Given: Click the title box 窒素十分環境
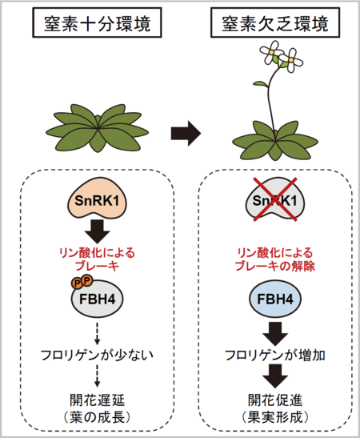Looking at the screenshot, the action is tap(97, 22).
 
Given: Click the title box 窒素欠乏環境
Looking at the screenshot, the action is tap(275, 22).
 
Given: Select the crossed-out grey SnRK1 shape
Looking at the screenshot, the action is tap(275, 199).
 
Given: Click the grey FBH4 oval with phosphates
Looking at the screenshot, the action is tap(98, 299).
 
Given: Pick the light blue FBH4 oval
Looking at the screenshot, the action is tap(275, 299).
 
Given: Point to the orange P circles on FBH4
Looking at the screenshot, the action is tap(82, 282).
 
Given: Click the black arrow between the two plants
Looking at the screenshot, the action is tap(186, 134).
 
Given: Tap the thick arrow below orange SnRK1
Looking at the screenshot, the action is tap(98, 231).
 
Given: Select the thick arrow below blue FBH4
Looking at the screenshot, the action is tap(275, 334).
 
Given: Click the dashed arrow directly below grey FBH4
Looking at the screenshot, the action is tap(97, 334).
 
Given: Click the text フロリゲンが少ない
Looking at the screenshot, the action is tap(97, 356).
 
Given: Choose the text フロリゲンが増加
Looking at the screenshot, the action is tap(275, 356).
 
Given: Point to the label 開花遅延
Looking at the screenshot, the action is tap(98, 400).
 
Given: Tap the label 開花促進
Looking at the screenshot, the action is tap(275, 400).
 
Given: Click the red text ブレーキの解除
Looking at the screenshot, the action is tap(275, 266).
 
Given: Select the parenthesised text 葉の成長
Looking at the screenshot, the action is tap(97, 418).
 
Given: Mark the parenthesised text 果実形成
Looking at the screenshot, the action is tap(275, 418).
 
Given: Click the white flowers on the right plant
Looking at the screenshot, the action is tap(281, 56).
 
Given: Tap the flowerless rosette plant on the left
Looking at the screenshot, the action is tap(98, 128).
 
